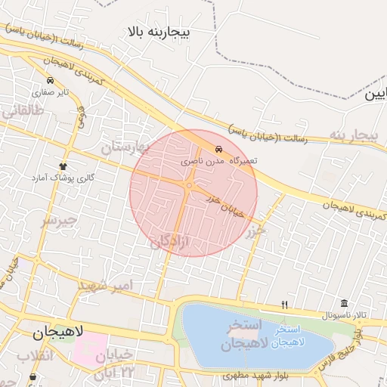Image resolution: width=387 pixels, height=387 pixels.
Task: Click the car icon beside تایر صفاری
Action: tap(50, 81)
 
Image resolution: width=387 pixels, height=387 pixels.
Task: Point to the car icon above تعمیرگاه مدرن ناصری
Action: tap(218, 149)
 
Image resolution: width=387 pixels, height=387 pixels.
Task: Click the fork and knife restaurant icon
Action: tap(284, 305)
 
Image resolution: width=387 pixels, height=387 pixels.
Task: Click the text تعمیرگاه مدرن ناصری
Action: tap(220, 161)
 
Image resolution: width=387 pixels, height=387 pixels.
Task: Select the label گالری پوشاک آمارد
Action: tap(63, 177)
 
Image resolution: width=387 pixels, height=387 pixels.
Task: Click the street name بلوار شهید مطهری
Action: tap(288, 373)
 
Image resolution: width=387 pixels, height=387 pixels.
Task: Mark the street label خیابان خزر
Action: tap(225, 205)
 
